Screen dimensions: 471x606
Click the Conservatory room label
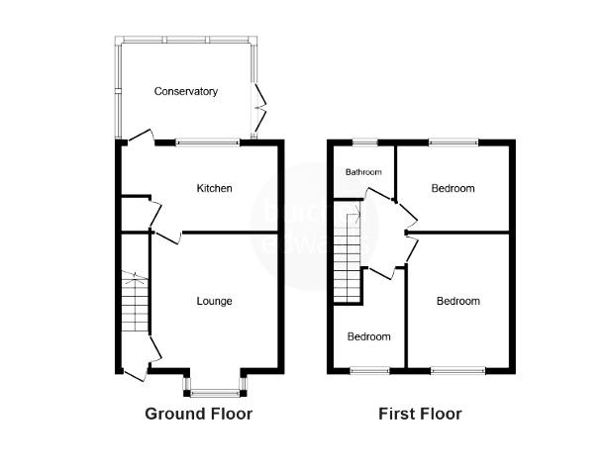(x=186, y=92)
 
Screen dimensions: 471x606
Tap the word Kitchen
(x=215, y=188)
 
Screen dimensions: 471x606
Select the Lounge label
(x=214, y=301)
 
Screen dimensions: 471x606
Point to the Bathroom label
(x=363, y=173)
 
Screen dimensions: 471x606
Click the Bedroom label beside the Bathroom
(x=454, y=188)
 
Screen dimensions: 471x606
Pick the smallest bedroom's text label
(x=368, y=336)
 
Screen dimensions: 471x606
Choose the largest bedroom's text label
(x=458, y=301)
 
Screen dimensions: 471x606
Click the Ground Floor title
(x=198, y=414)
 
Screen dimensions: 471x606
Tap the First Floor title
(x=420, y=414)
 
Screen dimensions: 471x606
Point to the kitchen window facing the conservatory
(x=208, y=142)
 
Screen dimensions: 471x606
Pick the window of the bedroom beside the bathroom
(x=454, y=142)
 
